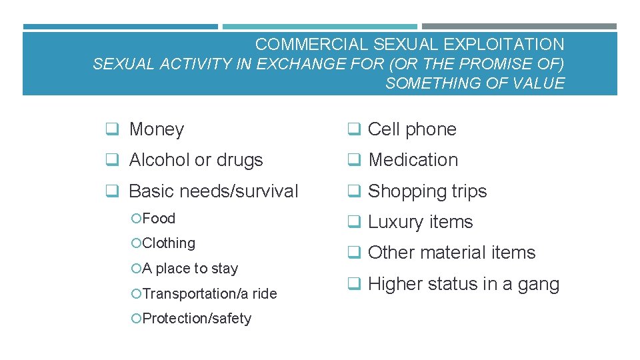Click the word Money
pyautogui.click(x=156, y=129)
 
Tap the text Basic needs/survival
pyautogui.click(x=213, y=191)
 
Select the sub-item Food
pyautogui.click(x=159, y=219)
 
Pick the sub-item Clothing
pyautogui.click(x=169, y=243)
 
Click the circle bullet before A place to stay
pyautogui.click(x=136, y=269)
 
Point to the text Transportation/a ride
pyautogui.click(x=209, y=293)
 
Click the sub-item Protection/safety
pyautogui.click(x=197, y=319)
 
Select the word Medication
pyautogui.click(x=413, y=160)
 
